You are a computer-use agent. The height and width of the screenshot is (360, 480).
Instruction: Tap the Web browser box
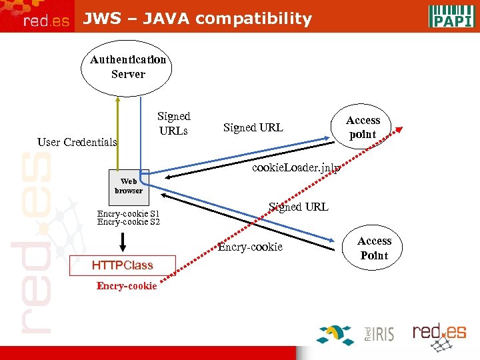(128, 186)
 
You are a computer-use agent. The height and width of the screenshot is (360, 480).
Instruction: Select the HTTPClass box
(123, 265)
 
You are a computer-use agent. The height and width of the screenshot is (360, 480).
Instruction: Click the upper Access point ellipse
(363, 127)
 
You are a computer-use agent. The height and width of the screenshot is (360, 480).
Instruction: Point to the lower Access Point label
(374, 248)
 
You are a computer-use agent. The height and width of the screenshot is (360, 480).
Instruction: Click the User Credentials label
(77, 142)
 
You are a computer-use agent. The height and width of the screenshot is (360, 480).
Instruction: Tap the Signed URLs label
(173, 123)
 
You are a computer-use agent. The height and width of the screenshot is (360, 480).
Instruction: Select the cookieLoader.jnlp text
(296, 168)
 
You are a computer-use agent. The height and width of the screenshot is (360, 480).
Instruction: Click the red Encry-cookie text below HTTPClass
(127, 286)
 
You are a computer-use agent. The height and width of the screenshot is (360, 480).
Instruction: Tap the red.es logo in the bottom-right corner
(439, 332)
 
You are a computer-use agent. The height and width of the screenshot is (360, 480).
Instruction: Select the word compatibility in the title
(254, 19)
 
